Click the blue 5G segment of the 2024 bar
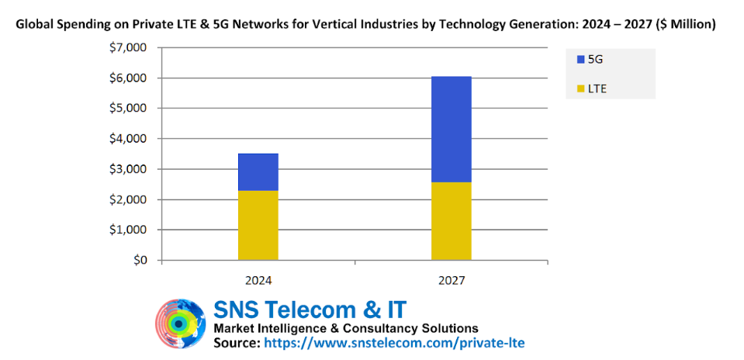pos(258,171)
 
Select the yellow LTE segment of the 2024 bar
pos(258,225)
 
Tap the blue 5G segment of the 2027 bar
pos(451,129)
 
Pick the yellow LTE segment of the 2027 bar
pos(451,221)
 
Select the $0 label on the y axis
pos(140,261)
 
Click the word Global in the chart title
pos(35,25)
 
